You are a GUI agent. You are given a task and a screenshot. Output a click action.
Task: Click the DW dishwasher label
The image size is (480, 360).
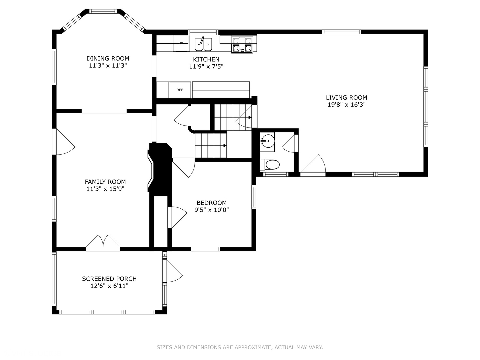tap(181, 43)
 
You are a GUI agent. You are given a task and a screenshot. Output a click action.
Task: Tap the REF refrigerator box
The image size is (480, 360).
tap(180, 90)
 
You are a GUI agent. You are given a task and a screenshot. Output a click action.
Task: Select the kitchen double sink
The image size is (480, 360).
tap(203, 44)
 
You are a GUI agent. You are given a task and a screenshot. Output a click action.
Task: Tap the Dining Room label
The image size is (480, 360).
tap(108, 58)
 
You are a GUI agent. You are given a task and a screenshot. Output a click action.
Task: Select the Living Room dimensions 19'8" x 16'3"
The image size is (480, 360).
tap(346, 105)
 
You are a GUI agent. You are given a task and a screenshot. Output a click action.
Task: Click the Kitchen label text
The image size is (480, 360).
tap(206, 59)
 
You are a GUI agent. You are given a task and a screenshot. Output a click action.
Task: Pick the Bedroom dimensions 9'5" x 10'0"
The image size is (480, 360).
tap(211, 210)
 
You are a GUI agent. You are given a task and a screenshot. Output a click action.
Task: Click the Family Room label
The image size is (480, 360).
tap(105, 182)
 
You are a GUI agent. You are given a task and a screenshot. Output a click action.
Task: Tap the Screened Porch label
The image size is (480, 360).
tap(109, 279)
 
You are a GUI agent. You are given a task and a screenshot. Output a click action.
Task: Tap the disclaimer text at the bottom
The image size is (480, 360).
tap(240, 347)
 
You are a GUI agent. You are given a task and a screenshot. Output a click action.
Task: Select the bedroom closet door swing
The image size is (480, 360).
tap(178, 217)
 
